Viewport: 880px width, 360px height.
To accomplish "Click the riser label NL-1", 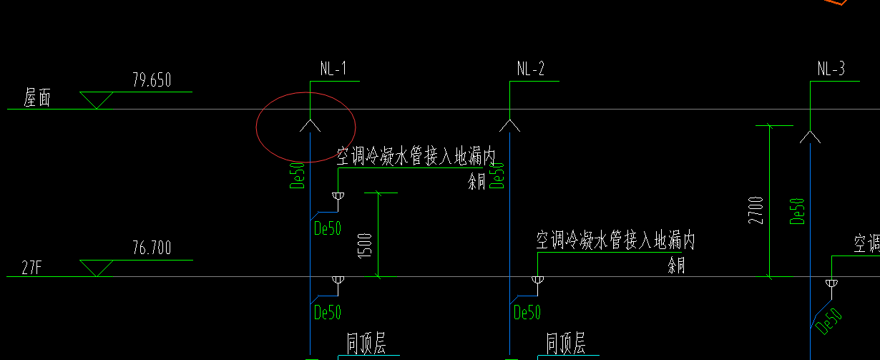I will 333,69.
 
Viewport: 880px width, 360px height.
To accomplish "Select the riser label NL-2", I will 530,69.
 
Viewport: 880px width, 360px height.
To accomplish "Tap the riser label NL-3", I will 831,69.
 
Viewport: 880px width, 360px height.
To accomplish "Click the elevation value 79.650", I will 152,80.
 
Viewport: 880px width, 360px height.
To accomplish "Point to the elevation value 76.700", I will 152,249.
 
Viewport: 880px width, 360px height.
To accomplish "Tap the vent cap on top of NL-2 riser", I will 509,125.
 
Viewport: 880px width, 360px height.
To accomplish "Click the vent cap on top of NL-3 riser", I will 810,136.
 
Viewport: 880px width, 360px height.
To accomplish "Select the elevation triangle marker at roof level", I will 95,99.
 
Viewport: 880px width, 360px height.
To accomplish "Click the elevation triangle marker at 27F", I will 95,268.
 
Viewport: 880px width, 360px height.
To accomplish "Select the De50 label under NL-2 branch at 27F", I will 527,313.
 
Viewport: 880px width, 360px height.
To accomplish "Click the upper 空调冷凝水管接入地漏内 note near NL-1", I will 416,157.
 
